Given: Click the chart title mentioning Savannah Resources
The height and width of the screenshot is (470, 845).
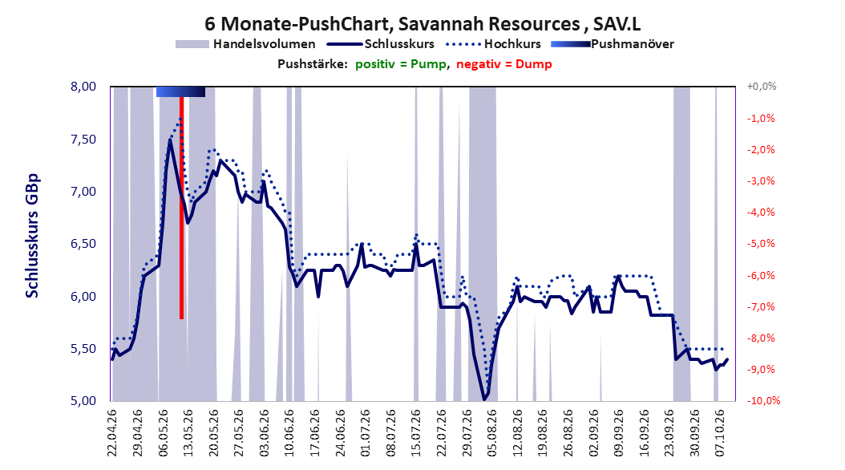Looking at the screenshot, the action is click(x=422, y=24).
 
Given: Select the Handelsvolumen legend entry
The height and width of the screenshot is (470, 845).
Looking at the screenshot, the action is click(x=246, y=44).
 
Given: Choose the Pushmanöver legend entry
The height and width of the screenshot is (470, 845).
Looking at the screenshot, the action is click(x=613, y=44).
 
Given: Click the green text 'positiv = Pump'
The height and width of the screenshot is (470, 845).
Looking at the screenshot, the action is click(x=401, y=64).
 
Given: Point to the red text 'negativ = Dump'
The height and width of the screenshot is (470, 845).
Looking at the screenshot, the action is click(x=504, y=64).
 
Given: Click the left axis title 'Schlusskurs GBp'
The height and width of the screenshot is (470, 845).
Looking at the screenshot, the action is click(x=32, y=236).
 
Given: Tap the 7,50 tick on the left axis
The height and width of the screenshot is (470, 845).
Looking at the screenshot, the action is click(x=83, y=139).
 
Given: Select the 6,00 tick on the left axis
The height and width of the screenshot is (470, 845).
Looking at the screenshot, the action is click(x=83, y=297).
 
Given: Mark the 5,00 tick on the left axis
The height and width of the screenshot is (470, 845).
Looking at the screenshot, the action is click(x=83, y=401).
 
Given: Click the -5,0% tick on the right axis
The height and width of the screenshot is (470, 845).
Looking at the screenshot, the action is click(x=761, y=244).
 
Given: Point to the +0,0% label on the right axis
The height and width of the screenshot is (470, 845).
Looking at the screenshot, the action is click(x=762, y=87).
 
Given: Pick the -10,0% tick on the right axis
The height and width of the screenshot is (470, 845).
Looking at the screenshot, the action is click(x=763, y=401).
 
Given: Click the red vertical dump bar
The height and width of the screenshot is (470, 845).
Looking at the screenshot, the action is click(x=182, y=208).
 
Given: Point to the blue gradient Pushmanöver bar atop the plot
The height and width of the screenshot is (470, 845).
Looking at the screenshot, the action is click(x=180, y=91).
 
